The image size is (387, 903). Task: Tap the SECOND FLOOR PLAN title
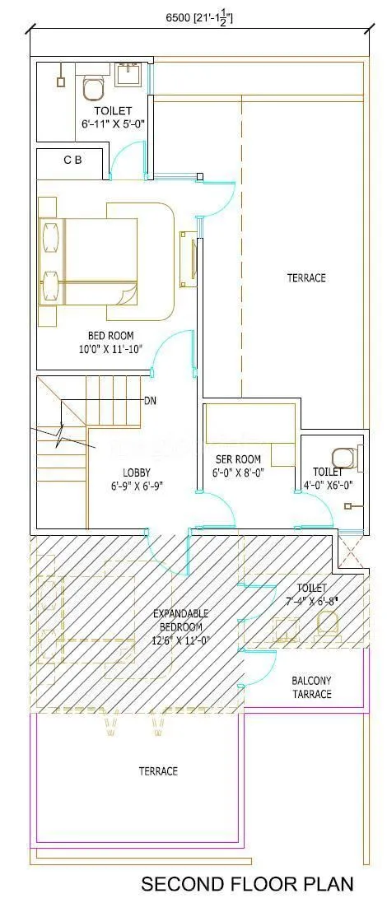[247, 884]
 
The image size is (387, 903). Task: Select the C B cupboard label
[72, 161]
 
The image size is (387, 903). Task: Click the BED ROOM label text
[111, 335]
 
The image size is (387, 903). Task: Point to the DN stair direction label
[151, 401]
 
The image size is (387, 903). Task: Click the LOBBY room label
[137, 472]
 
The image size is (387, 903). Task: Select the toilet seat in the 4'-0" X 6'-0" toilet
[344, 455]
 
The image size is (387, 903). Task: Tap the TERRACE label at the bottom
[158, 771]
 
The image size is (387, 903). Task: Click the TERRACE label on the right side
[306, 278]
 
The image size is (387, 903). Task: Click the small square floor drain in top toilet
[60, 81]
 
